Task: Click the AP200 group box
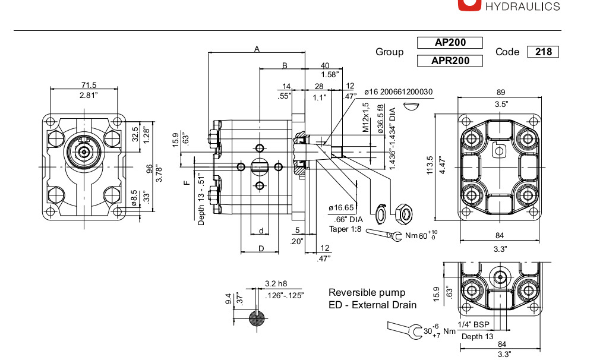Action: [450, 43]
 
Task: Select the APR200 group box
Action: [450, 61]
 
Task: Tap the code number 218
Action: [543, 52]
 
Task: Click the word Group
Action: [389, 52]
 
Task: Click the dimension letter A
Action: [257, 49]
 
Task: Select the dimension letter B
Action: [285, 65]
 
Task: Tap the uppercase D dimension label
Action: [260, 248]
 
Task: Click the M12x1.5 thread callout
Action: [366, 116]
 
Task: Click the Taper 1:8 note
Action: [346, 229]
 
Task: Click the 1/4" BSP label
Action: [474, 324]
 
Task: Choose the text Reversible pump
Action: [367, 292]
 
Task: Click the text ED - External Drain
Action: [373, 305]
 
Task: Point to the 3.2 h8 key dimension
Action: [276, 283]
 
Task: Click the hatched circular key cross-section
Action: [257, 318]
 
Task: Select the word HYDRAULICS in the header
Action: [523, 7]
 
